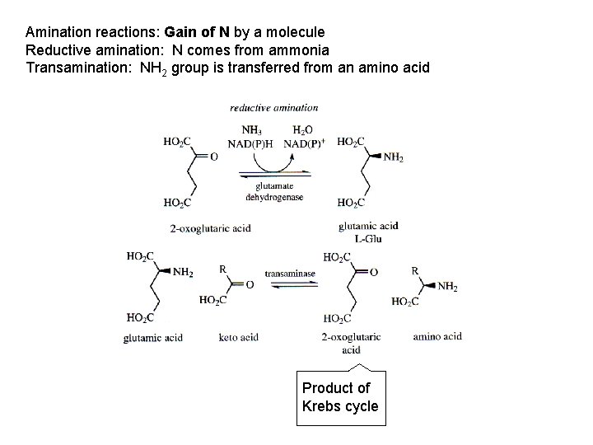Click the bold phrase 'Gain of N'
pyautogui.click(x=197, y=33)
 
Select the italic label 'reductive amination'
pyautogui.click(x=273, y=107)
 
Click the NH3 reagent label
pyautogui.click(x=252, y=129)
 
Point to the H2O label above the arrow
pyautogui.click(x=302, y=129)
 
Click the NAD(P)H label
pyautogui.click(x=252, y=143)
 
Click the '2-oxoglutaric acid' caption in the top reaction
pyautogui.click(x=210, y=227)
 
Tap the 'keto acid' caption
pyautogui.click(x=239, y=336)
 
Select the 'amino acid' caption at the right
pyautogui.click(x=437, y=335)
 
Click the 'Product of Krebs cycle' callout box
pyautogui.click(x=341, y=396)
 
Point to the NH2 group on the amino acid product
pyautogui.click(x=447, y=287)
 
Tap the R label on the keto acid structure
pyautogui.click(x=222, y=269)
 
